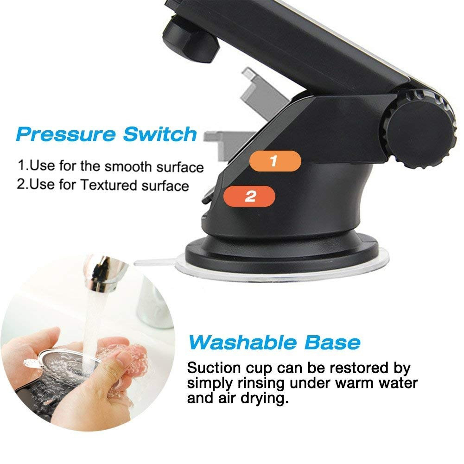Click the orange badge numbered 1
[x=275, y=161]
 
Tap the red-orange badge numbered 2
[x=249, y=196]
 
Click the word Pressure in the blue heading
[x=66, y=134]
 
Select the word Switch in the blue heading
[x=160, y=134]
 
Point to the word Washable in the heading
[x=242, y=343]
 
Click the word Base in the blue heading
[x=332, y=343]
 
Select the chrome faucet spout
[x=102, y=274]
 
